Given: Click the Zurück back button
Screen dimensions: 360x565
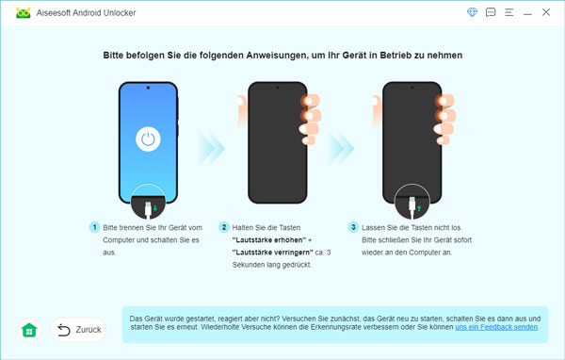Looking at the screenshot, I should tap(78, 330).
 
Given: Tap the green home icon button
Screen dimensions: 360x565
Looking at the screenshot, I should tap(29, 330).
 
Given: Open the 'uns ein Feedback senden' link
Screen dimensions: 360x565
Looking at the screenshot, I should tap(496, 327).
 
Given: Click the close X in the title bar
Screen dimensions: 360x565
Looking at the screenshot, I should tap(546, 12).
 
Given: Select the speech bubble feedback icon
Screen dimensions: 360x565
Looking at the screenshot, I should tap(491, 12).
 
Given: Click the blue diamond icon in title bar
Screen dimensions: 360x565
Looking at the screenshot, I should tap(472, 12).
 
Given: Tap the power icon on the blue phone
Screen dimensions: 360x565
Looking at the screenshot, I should tap(147, 140).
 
